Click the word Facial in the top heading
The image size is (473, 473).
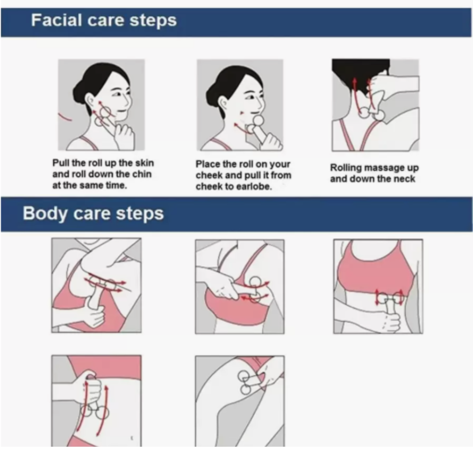(x=56, y=20)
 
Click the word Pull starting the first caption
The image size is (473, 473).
(x=61, y=163)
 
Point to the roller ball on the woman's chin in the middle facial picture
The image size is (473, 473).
(x=258, y=121)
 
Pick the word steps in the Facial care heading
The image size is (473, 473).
(x=153, y=21)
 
